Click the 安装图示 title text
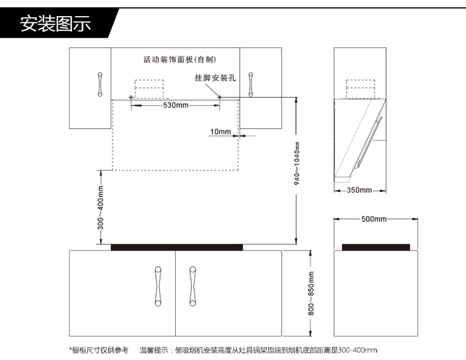[x=55, y=24]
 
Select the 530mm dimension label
[x=176, y=105]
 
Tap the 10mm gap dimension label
[x=221, y=132]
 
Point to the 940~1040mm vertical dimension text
[x=296, y=164]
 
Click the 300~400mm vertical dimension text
[x=101, y=208]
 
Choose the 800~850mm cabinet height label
[x=311, y=293]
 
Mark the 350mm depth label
[x=359, y=190]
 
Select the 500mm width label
[x=374, y=219]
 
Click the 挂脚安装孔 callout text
[x=215, y=78]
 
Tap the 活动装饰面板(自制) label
[x=180, y=60]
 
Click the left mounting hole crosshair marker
[x=130, y=97]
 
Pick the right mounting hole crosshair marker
[x=219, y=97]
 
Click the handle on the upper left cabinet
[x=100, y=84]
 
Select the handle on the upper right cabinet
[x=250, y=84]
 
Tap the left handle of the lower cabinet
[x=158, y=286]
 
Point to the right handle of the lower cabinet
[x=193, y=286]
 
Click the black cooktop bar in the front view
[x=177, y=247]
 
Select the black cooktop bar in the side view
[x=376, y=247]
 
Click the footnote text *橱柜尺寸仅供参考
[x=99, y=350]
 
